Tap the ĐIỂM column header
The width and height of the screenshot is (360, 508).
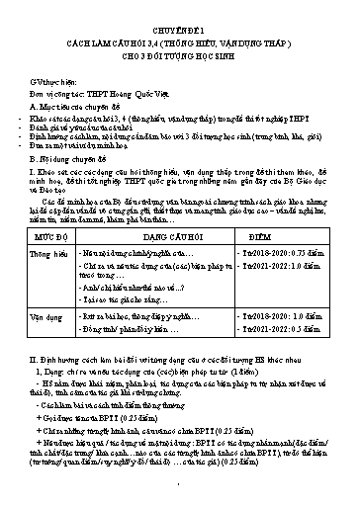tap(288, 238)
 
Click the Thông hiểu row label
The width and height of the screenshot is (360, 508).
tap(46, 255)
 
